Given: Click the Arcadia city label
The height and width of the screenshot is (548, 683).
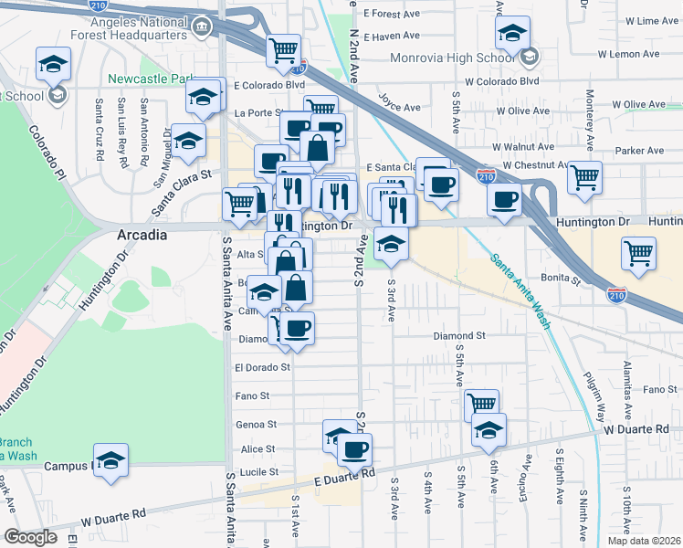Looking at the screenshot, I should (x=142, y=235).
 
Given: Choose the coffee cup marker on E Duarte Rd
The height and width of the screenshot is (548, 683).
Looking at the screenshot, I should (x=354, y=449).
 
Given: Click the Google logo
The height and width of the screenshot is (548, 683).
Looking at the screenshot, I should (x=30, y=537).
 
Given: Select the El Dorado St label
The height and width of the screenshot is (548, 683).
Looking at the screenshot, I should (x=262, y=367).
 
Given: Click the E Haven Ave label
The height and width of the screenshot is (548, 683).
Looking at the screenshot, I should (x=392, y=37).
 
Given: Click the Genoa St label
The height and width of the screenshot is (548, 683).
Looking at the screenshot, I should (x=257, y=425).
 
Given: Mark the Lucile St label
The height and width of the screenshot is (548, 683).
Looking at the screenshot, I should (x=258, y=471).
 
